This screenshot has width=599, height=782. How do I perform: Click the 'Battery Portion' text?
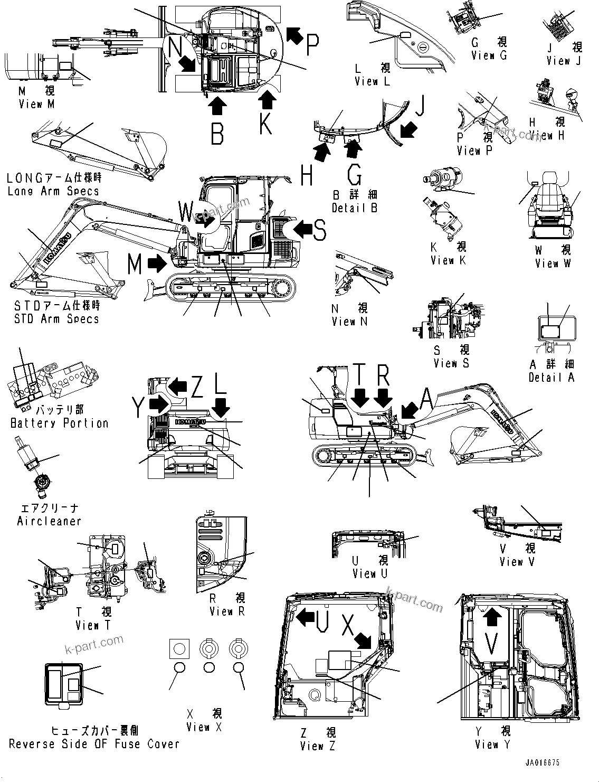pos(60,423)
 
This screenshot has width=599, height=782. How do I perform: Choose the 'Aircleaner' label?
pos(49,521)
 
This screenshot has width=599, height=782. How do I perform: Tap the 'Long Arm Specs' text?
pos(53,191)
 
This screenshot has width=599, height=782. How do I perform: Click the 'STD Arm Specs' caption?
pos(56,318)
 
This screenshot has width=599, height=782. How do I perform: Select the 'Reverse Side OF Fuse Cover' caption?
pos(94,744)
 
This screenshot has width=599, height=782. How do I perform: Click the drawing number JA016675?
pos(542,764)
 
